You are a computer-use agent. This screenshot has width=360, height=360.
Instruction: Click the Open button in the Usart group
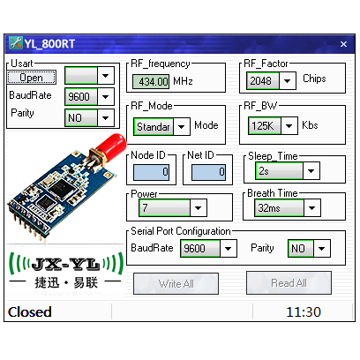point(32,78)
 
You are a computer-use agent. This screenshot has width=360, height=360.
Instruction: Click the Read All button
point(289,283)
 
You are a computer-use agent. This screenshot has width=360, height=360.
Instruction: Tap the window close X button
point(343,44)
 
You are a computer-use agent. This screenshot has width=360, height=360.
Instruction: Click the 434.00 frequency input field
point(151,81)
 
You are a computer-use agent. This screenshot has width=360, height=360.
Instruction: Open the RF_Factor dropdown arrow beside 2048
point(287,81)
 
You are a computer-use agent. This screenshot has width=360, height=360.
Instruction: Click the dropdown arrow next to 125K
point(289,126)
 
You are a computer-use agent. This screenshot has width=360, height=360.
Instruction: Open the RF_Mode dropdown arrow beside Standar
point(182,127)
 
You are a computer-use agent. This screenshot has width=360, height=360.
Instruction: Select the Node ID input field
point(151,172)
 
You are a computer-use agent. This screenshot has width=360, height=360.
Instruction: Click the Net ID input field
point(208,172)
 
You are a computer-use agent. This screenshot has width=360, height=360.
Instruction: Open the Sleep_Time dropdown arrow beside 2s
point(311,171)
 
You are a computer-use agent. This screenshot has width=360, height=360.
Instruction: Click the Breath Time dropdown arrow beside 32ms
point(311,208)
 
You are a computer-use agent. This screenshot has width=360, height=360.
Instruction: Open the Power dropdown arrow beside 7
point(199,208)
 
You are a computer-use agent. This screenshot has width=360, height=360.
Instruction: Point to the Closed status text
point(30,312)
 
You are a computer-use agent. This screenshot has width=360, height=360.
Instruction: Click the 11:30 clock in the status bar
point(304,312)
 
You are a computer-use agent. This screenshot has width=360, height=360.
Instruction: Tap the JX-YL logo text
point(65,265)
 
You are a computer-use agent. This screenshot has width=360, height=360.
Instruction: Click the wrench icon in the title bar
point(16,43)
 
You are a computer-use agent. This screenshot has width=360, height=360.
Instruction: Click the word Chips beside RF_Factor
point(314,79)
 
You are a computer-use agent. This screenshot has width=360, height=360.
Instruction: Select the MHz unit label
point(183,81)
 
